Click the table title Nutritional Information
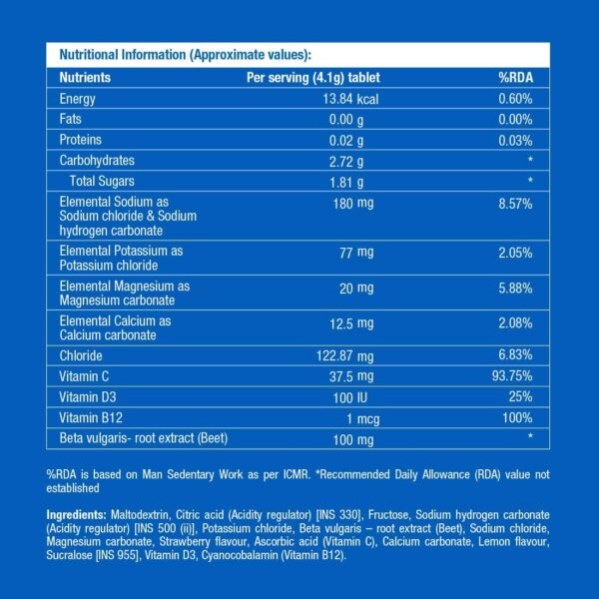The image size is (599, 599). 185,55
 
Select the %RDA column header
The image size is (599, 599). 518,77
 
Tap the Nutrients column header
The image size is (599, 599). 85,77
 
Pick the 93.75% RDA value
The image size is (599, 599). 515,375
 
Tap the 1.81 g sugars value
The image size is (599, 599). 354,181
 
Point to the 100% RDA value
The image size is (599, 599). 517,416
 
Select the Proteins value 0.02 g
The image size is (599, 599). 354,140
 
